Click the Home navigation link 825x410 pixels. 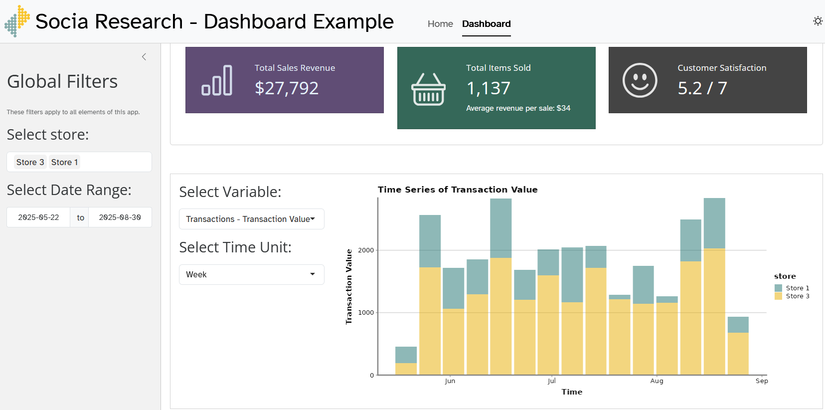pos(440,24)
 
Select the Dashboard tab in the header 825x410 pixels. pos(486,24)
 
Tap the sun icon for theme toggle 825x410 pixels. pos(818,21)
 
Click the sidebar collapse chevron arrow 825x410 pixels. pos(144,57)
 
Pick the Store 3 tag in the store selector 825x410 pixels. pos(30,162)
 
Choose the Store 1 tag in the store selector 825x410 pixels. pos(64,162)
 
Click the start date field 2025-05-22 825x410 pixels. pos(38,217)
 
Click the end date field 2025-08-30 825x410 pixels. pos(120,217)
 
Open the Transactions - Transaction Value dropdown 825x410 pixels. pos(251,219)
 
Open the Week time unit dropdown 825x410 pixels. pos(251,274)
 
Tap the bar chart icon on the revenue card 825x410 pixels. pos(217,80)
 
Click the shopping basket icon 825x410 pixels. pos(428,89)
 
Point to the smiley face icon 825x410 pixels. pos(640,80)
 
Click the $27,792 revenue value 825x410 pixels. pos(287,88)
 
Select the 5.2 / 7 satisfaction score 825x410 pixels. pos(702,88)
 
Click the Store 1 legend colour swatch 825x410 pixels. pos(778,288)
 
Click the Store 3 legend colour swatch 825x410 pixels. pos(778,296)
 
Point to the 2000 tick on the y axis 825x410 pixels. pos(366,250)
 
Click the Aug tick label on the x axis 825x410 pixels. pos(657,381)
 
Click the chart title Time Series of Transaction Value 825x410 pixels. pos(458,190)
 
